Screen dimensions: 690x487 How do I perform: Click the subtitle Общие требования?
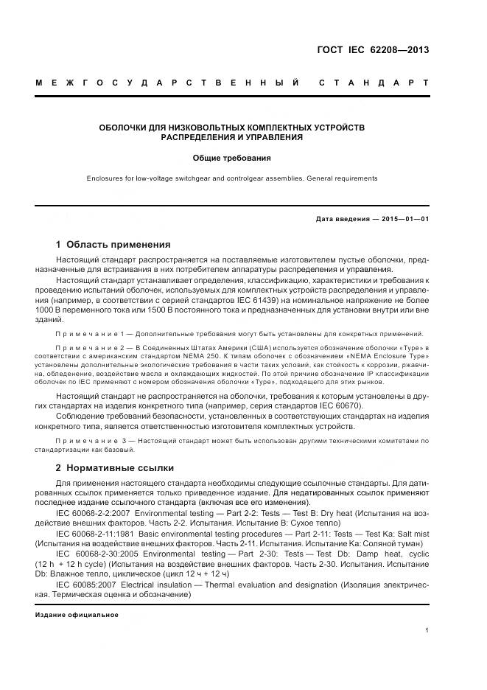pos(232,158)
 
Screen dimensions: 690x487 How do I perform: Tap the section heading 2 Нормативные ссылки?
pos(115,467)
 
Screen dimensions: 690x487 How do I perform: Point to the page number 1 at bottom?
pos(427,630)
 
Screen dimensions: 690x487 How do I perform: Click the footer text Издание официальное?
pos(77,614)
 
